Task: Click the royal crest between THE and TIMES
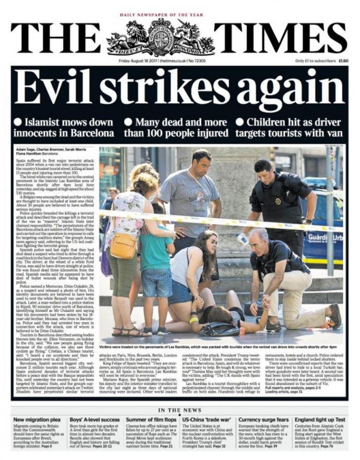click(x=161, y=37)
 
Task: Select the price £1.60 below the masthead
click(x=343, y=61)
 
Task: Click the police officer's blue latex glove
click(x=242, y=238)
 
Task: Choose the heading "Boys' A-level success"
click(x=96, y=419)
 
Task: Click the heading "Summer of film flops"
click(x=151, y=419)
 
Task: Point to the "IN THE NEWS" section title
click(x=179, y=410)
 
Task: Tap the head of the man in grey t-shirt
click(x=202, y=162)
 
